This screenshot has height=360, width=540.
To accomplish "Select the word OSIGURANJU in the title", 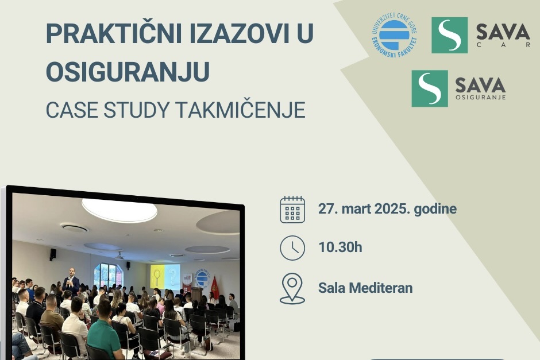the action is click(x=128, y=72).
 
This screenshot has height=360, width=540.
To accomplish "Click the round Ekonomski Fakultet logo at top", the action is click(x=394, y=35).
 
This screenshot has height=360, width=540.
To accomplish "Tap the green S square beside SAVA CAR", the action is click(x=449, y=35).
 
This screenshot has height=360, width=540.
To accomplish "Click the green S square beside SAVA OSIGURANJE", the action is click(x=430, y=88).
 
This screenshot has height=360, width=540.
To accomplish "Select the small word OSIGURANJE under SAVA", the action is click(x=480, y=97).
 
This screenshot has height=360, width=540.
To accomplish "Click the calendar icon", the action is click(x=292, y=209).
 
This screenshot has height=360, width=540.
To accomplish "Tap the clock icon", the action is click(x=292, y=248).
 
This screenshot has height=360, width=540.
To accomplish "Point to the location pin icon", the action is click(x=292, y=288).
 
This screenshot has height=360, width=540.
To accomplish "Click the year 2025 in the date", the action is click(x=392, y=208).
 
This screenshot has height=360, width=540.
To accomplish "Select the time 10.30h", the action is click(x=340, y=247).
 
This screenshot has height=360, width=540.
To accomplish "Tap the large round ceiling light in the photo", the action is click(x=119, y=210).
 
